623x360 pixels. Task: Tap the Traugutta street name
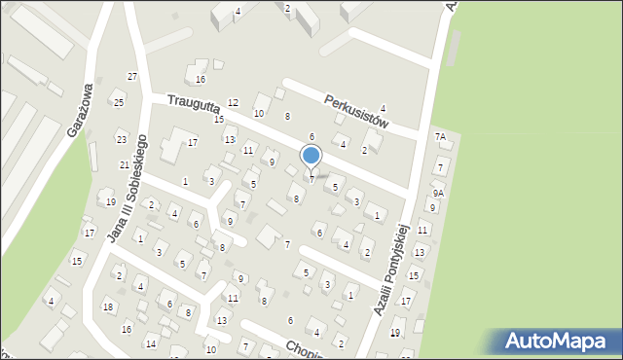tap(190, 100)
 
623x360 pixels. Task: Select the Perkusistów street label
tap(357, 111)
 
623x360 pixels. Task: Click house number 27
tap(132, 76)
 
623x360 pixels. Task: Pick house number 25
tap(119, 102)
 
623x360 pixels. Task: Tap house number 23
tap(121, 139)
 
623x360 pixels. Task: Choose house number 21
tap(125, 165)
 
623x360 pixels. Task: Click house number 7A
tap(441, 137)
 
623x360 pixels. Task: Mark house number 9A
tap(439, 193)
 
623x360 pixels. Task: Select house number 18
tap(108, 307)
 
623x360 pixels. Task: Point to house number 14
tap(150, 343)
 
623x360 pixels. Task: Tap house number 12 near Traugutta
tap(233, 102)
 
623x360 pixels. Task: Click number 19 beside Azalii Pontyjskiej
tap(395, 333)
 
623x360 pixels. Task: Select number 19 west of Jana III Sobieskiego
tap(111, 201)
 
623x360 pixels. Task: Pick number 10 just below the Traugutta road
tap(259, 114)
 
